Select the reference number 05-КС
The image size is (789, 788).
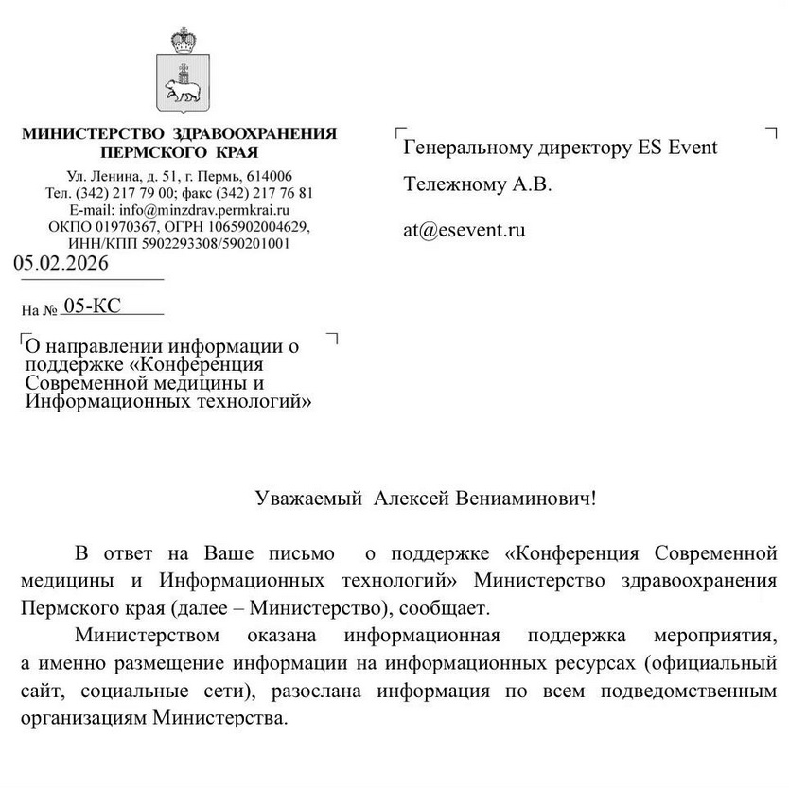(91, 305)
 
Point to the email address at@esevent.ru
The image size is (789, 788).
(465, 229)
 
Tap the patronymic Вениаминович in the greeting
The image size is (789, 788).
(535, 498)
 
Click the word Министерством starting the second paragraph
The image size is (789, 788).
(148, 634)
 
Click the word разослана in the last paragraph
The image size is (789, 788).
(318, 691)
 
